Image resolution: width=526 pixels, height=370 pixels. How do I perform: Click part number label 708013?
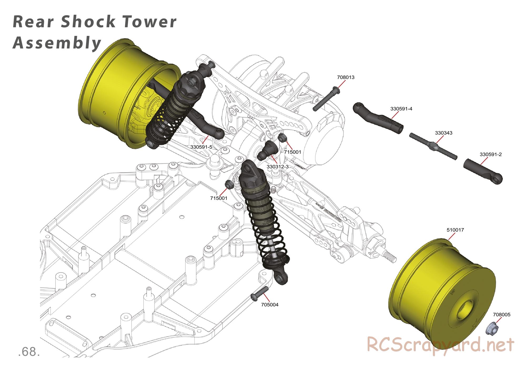(346, 77)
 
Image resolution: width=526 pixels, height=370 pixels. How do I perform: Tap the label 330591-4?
(401, 109)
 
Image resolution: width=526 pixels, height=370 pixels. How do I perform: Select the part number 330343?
(443, 133)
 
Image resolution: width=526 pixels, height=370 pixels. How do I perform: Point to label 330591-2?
(490, 154)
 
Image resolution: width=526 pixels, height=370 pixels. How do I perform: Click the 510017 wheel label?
(455, 230)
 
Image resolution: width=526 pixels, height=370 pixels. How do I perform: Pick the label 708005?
(502, 314)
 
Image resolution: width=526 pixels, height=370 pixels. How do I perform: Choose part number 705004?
(270, 305)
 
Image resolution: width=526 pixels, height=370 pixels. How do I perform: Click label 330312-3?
(277, 167)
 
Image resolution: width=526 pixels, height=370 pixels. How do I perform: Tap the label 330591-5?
(201, 147)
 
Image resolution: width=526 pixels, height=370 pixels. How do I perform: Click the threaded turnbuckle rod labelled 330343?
(433, 146)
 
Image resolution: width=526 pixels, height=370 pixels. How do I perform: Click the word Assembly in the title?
(57, 43)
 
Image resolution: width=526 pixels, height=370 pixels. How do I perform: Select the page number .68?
(29, 352)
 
